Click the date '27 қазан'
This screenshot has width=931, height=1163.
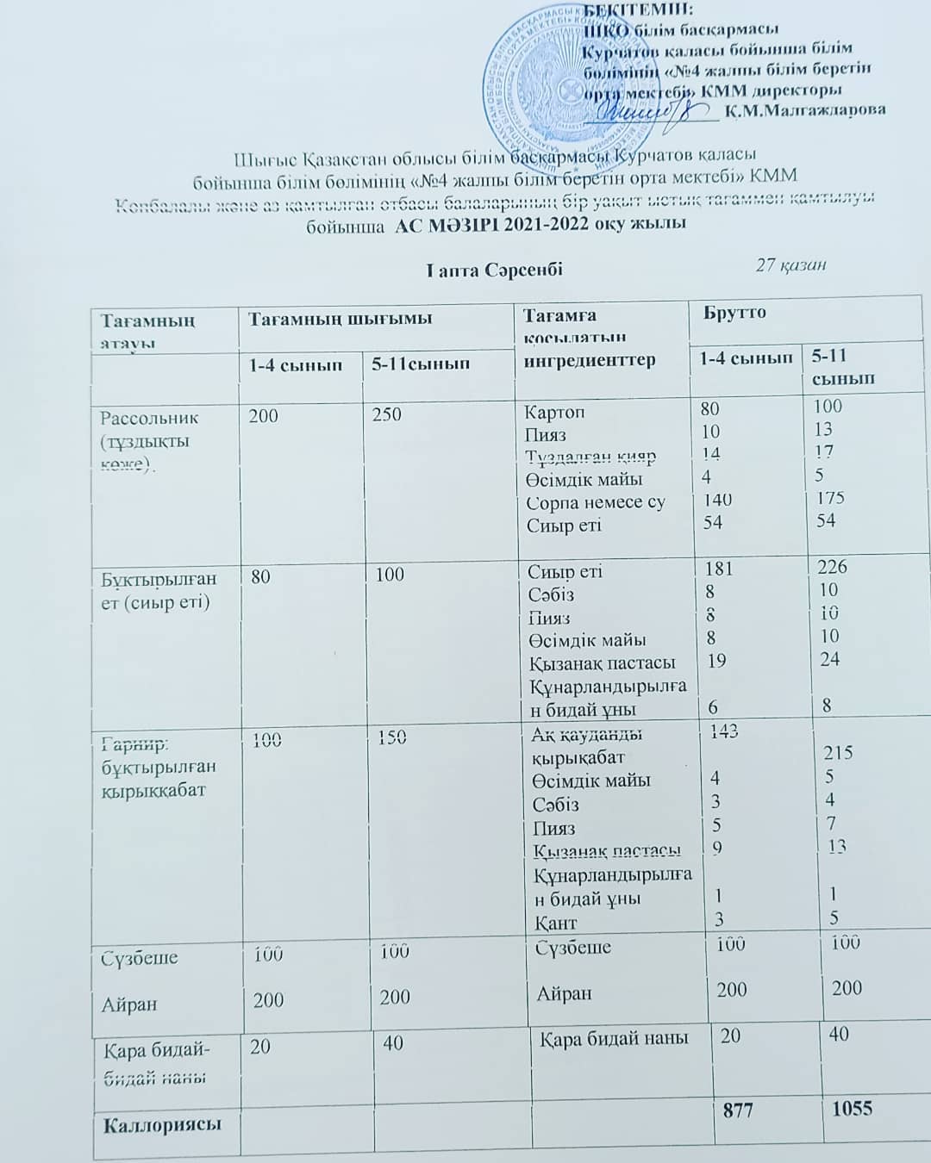[x=790, y=264]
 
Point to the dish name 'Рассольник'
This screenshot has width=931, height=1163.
[x=149, y=418]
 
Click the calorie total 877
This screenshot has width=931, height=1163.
[x=738, y=1110]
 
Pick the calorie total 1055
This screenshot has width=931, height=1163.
[x=852, y=1108]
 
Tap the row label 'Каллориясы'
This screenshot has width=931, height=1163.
[x=162, y=1124]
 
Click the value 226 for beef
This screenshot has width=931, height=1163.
[x=833, y=567]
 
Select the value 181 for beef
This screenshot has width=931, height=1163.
[x=718, y=569]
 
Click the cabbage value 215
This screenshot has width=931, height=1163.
[x=838, y=752]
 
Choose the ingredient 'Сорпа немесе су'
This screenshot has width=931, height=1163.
[x=596, y=502]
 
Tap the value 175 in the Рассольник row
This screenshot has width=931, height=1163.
[x=829, y=498]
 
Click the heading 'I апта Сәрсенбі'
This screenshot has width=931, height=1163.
[x=494, y=269]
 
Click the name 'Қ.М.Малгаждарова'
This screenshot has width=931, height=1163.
[x=805, y=109]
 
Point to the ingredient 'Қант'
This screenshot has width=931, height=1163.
[x=556, y=923]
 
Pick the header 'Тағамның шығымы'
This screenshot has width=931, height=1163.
[x=341, y=319]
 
